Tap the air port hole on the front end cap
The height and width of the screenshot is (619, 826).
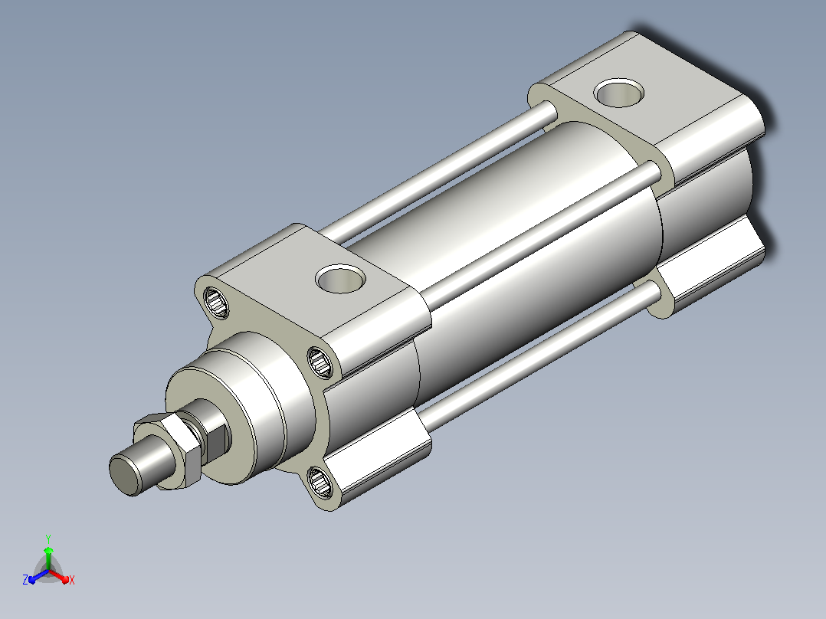click(x=341, y=278)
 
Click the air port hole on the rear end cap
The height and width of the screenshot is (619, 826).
click(x=619, y=93)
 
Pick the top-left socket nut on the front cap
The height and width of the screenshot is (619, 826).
click(x=216, y=303)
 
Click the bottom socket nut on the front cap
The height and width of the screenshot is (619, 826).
click(x=320, y=482)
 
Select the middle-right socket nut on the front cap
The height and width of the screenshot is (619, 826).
click(x=320, y=362)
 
